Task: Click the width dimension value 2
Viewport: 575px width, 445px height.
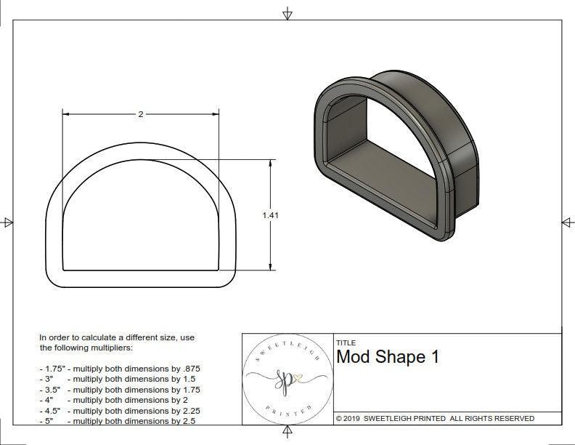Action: coord(140,114)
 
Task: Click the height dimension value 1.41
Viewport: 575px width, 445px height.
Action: coord(272,215)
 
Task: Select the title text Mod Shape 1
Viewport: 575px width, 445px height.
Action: coord(388,358)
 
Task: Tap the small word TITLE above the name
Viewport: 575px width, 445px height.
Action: coord(346,342)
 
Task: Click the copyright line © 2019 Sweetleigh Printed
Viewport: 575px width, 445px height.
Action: coord(435,418)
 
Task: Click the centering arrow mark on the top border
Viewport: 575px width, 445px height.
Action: coord(288,13)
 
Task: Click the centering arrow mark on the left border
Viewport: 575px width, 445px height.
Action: coord(8,222)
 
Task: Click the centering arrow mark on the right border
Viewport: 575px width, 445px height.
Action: coord(566,222)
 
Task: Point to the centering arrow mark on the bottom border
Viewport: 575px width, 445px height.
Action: coord(288,432)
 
